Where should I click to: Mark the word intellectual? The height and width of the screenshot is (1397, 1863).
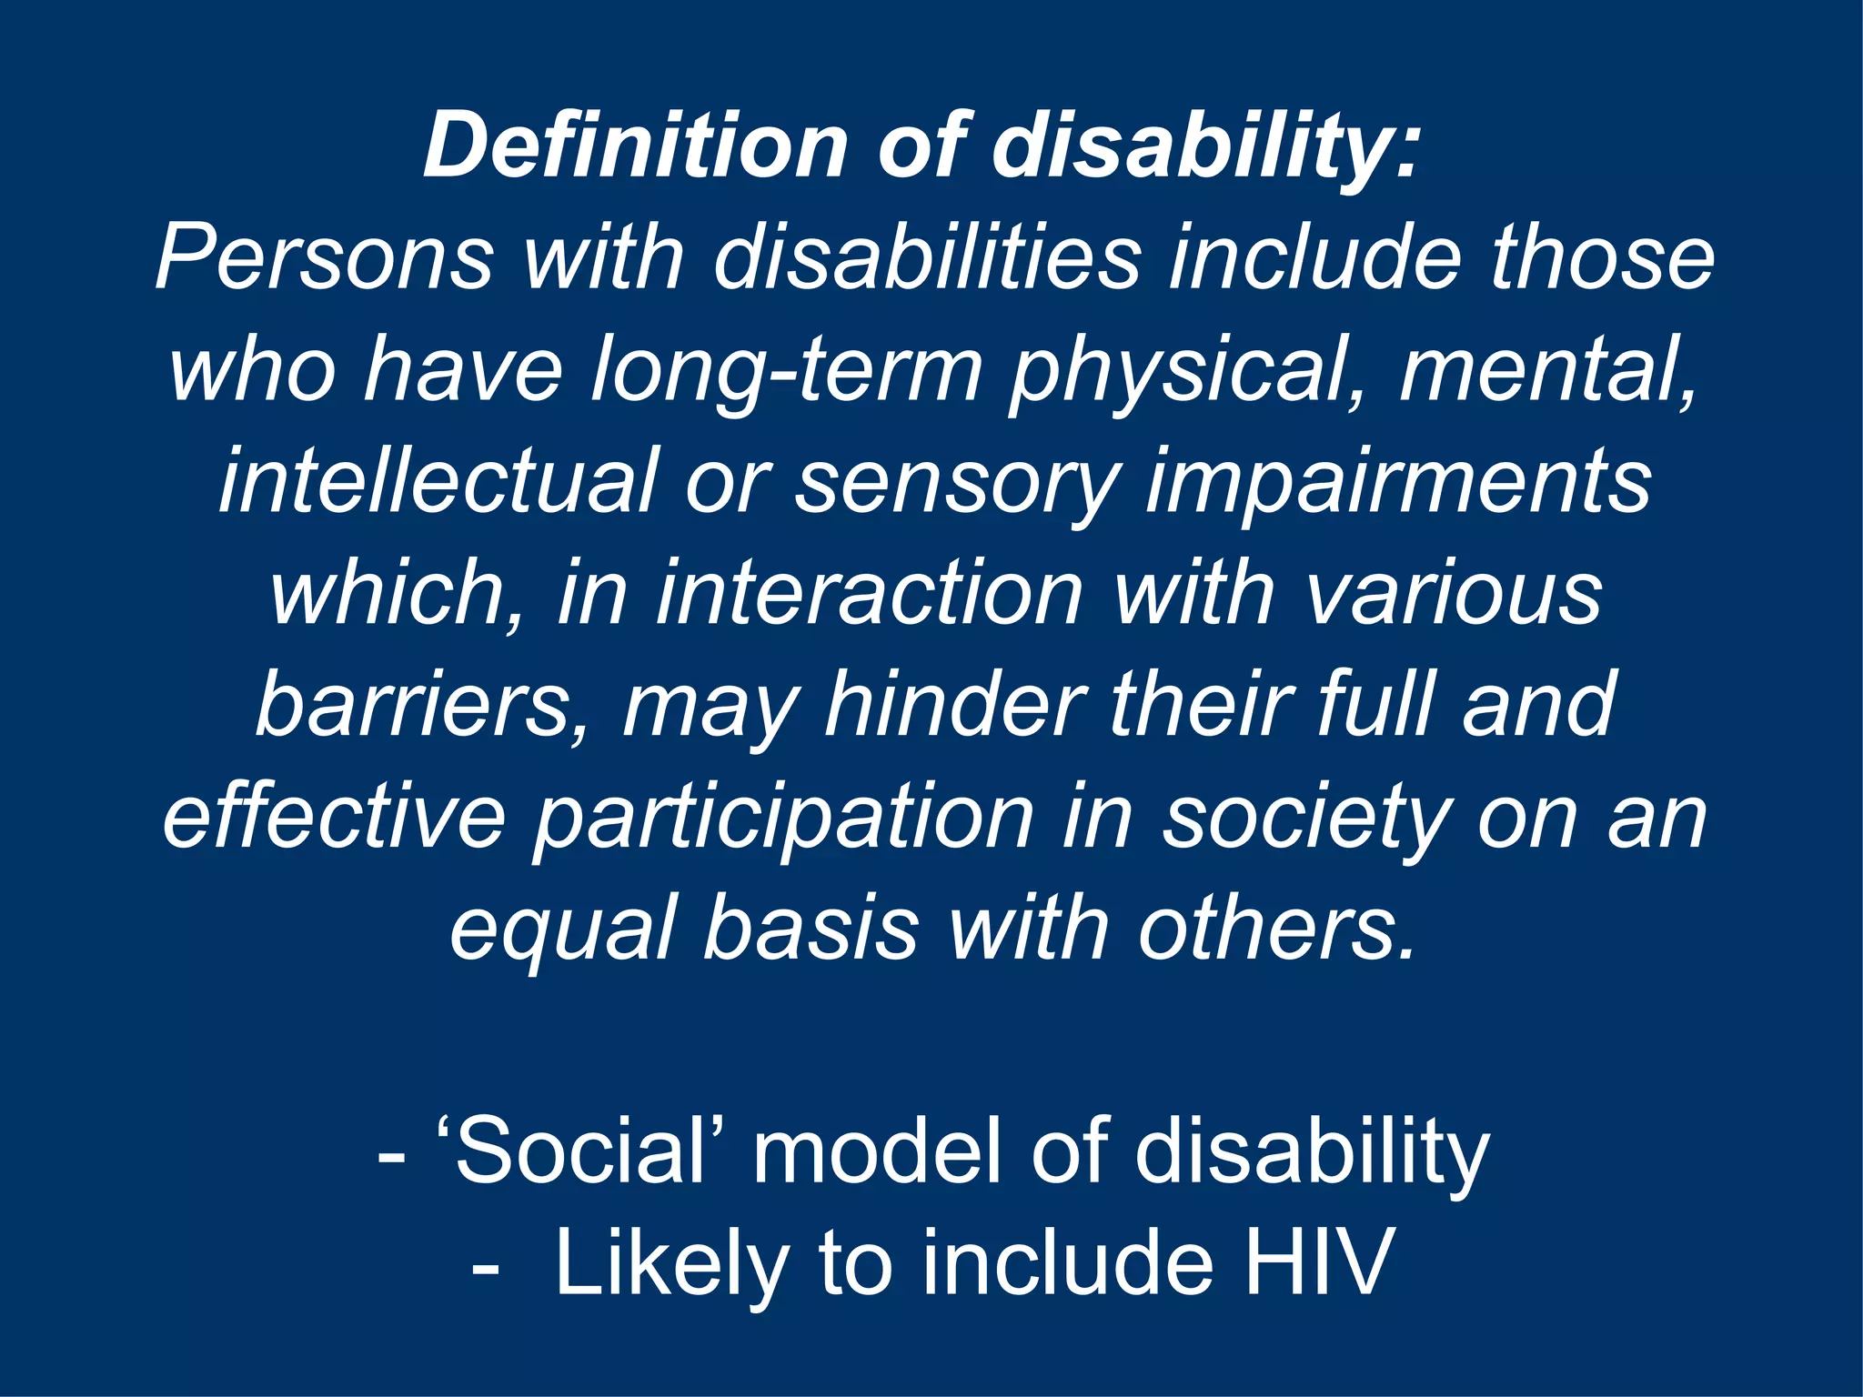[438, 482]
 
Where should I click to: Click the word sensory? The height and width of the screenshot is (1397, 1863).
[955, 482]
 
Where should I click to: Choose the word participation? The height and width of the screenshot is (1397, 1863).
[783, 818]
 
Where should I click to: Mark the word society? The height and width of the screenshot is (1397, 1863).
[1304, 818]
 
